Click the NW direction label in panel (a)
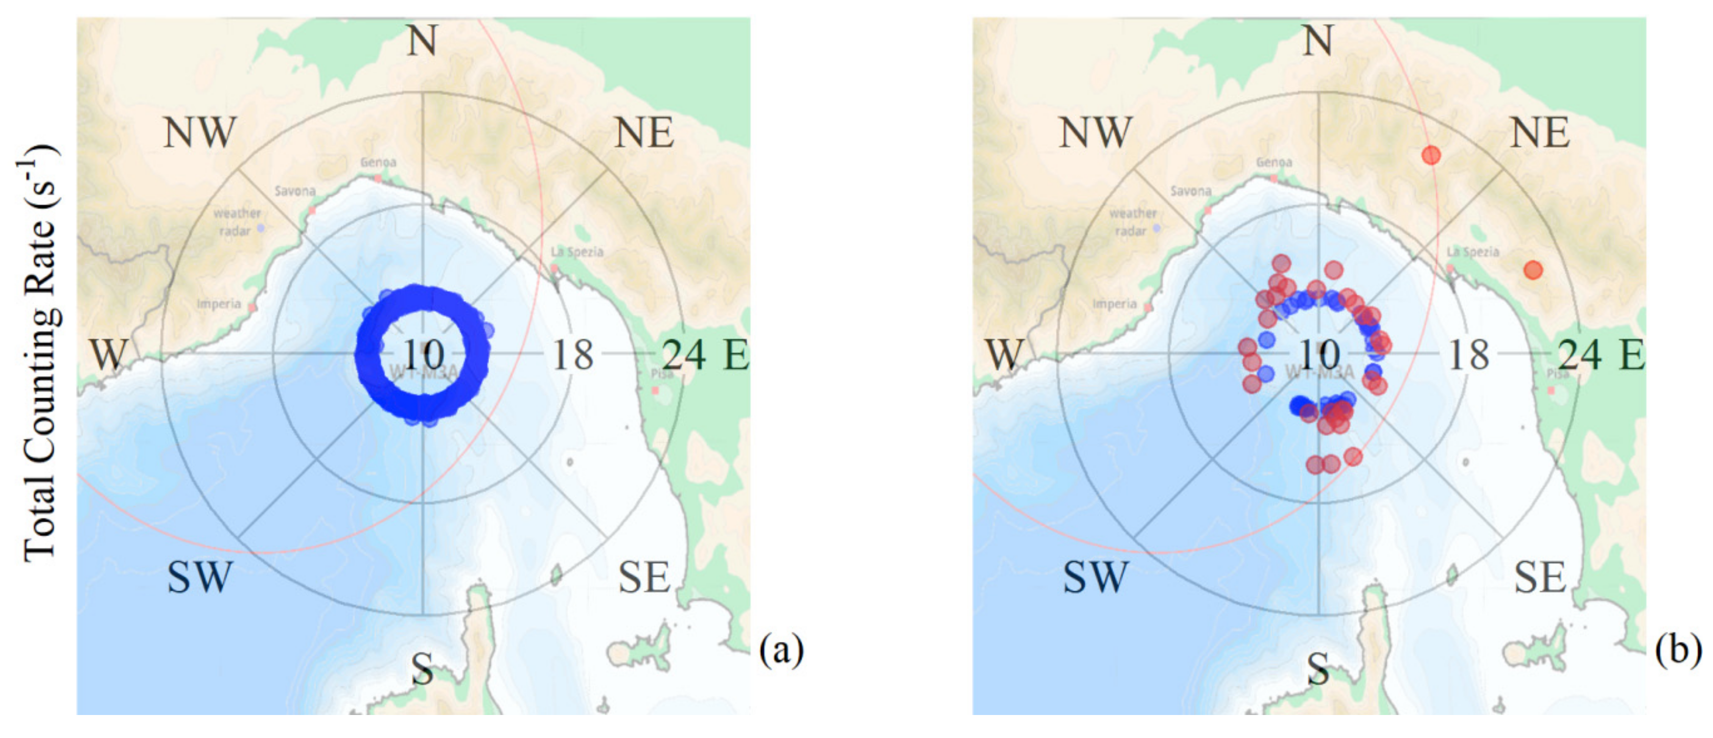(199, 132)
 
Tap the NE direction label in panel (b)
(1539, 132)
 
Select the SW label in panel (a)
(199, 576)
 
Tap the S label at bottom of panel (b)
(1318, 668)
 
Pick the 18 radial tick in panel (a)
(573, 354)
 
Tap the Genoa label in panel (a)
(378, 162)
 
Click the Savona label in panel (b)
(1190, 191)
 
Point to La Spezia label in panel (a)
(577, 252)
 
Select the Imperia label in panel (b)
(1114, 304)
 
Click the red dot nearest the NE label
(1431, 155)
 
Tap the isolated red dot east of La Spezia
(1533, 270)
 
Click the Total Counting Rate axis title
(38, 352)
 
